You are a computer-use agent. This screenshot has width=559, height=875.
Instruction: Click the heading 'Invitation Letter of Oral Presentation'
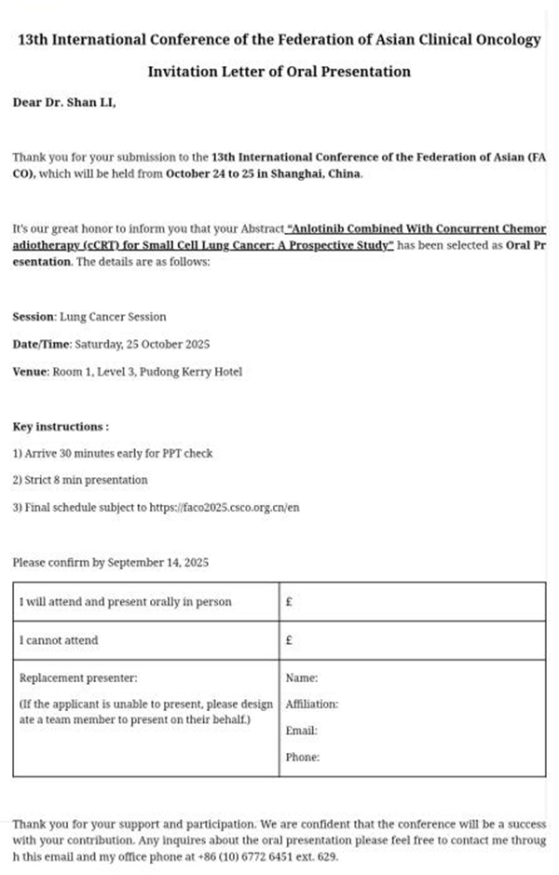279,72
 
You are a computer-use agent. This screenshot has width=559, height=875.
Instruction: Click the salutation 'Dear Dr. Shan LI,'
64,103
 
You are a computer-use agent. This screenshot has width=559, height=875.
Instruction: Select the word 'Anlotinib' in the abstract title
321,229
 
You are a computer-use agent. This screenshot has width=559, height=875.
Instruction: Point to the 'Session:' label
34,317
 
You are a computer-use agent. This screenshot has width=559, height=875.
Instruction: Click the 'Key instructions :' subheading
61,427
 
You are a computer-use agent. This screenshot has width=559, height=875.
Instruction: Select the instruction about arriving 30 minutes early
113,454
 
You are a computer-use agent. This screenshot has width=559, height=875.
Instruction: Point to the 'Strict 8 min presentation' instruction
80,481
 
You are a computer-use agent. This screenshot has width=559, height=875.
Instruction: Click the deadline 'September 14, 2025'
158,563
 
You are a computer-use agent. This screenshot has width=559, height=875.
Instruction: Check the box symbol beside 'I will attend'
290,603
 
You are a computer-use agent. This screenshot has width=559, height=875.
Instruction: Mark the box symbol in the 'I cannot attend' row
290,641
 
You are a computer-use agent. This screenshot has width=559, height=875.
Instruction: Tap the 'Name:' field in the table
302,678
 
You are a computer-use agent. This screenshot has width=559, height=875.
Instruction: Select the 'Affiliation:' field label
312,704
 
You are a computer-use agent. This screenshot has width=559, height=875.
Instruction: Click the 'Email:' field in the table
302,731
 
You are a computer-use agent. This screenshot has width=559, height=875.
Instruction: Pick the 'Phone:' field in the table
303,758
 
